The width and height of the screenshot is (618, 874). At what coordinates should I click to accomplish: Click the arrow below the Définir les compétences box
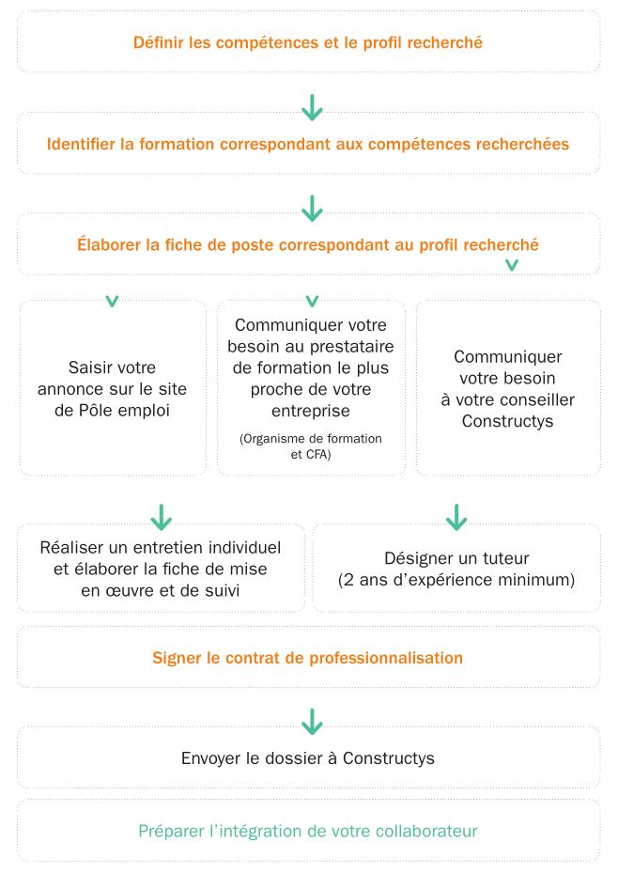point(312,107)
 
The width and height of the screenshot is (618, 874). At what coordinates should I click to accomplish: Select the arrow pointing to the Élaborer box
point(312,207)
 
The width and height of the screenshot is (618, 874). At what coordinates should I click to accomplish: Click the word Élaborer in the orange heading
point(111,245)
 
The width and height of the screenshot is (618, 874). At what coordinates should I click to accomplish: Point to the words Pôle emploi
point(136,410)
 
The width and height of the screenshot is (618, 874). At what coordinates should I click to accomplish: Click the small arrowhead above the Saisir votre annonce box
point(112,302)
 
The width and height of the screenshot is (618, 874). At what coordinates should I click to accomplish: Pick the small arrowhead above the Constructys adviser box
point(512,265)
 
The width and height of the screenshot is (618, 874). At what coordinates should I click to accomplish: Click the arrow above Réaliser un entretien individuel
point(162,516)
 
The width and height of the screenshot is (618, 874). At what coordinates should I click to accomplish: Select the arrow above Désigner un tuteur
point(456,516)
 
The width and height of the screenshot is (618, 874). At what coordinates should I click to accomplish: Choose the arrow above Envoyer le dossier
point(312,721)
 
